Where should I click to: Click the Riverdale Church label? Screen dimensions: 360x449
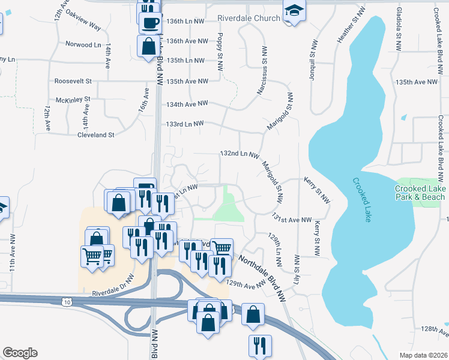click(x=249, y=18)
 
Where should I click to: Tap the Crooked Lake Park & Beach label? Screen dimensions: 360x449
click(x=420, y=193)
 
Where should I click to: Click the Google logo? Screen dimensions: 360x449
click(x=20, y=353)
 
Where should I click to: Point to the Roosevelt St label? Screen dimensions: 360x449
click(x=73, y=81)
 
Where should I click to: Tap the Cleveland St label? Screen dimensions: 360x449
click(x=95, y=135)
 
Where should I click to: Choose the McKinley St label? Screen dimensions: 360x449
click(x=73, y=99)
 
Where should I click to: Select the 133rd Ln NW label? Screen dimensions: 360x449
click(x=185, y=124)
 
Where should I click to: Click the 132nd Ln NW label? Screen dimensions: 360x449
click(x=239, y=154)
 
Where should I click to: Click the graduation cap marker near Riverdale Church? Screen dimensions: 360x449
click(x=294, y=11)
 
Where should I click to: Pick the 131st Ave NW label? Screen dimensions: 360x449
click(x=292, y=220)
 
